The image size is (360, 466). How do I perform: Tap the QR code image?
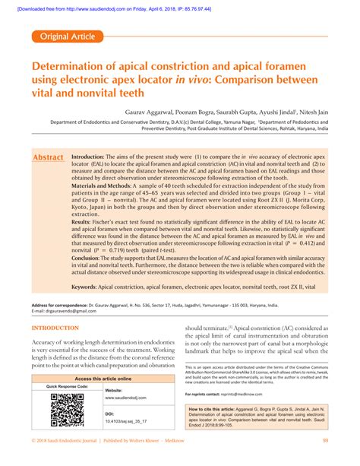(x=66, y=411)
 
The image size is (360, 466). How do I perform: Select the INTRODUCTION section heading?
(x=55, y=328)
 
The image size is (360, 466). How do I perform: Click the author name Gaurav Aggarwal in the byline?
(x=149, y=109)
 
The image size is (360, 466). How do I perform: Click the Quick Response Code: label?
(x=67, y=387)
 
